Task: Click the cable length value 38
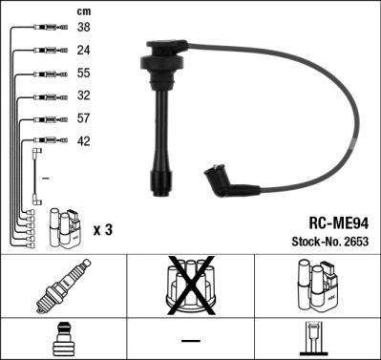[83, 28]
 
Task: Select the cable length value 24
[83, 50]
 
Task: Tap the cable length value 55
[83, 73]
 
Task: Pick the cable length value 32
[83, 95]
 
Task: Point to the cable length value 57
[83, 118]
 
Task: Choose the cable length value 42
[83, 141]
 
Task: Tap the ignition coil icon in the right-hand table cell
[317, 286]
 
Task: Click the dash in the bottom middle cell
[190, 340]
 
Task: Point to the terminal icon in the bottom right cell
[316, 340]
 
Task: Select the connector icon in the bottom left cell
[62, 340]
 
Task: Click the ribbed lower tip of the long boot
[155, 178]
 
